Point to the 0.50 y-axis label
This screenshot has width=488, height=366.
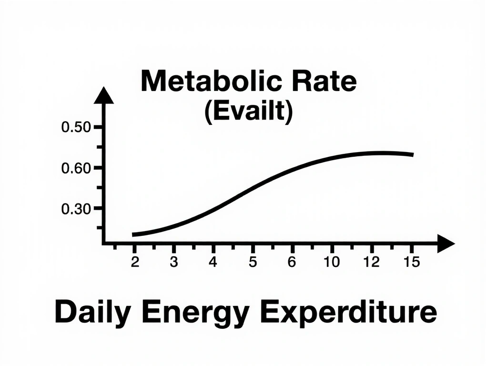pyautogui.click(x=76, y=128)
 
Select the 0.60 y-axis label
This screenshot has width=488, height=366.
pyautogui.click(x=76, y=168)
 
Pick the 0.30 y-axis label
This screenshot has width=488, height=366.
pyautogui.click(x=76, y=209)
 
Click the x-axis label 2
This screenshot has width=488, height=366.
pyautogui.click(x=135, y=262)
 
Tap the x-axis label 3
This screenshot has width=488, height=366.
pyautogui.click(x=174, y=262)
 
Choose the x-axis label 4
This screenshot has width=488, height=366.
pyautogui.click(x=213, y=262)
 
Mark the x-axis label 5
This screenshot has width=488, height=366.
pyautogui.click(x=253, y=262)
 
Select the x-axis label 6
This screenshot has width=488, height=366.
pyautogui.click(x=292, y=262)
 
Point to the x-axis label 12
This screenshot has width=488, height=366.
pyautogui.click(x=371, y=262)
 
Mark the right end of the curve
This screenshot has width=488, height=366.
pyautogui.click(x=412, y=154)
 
